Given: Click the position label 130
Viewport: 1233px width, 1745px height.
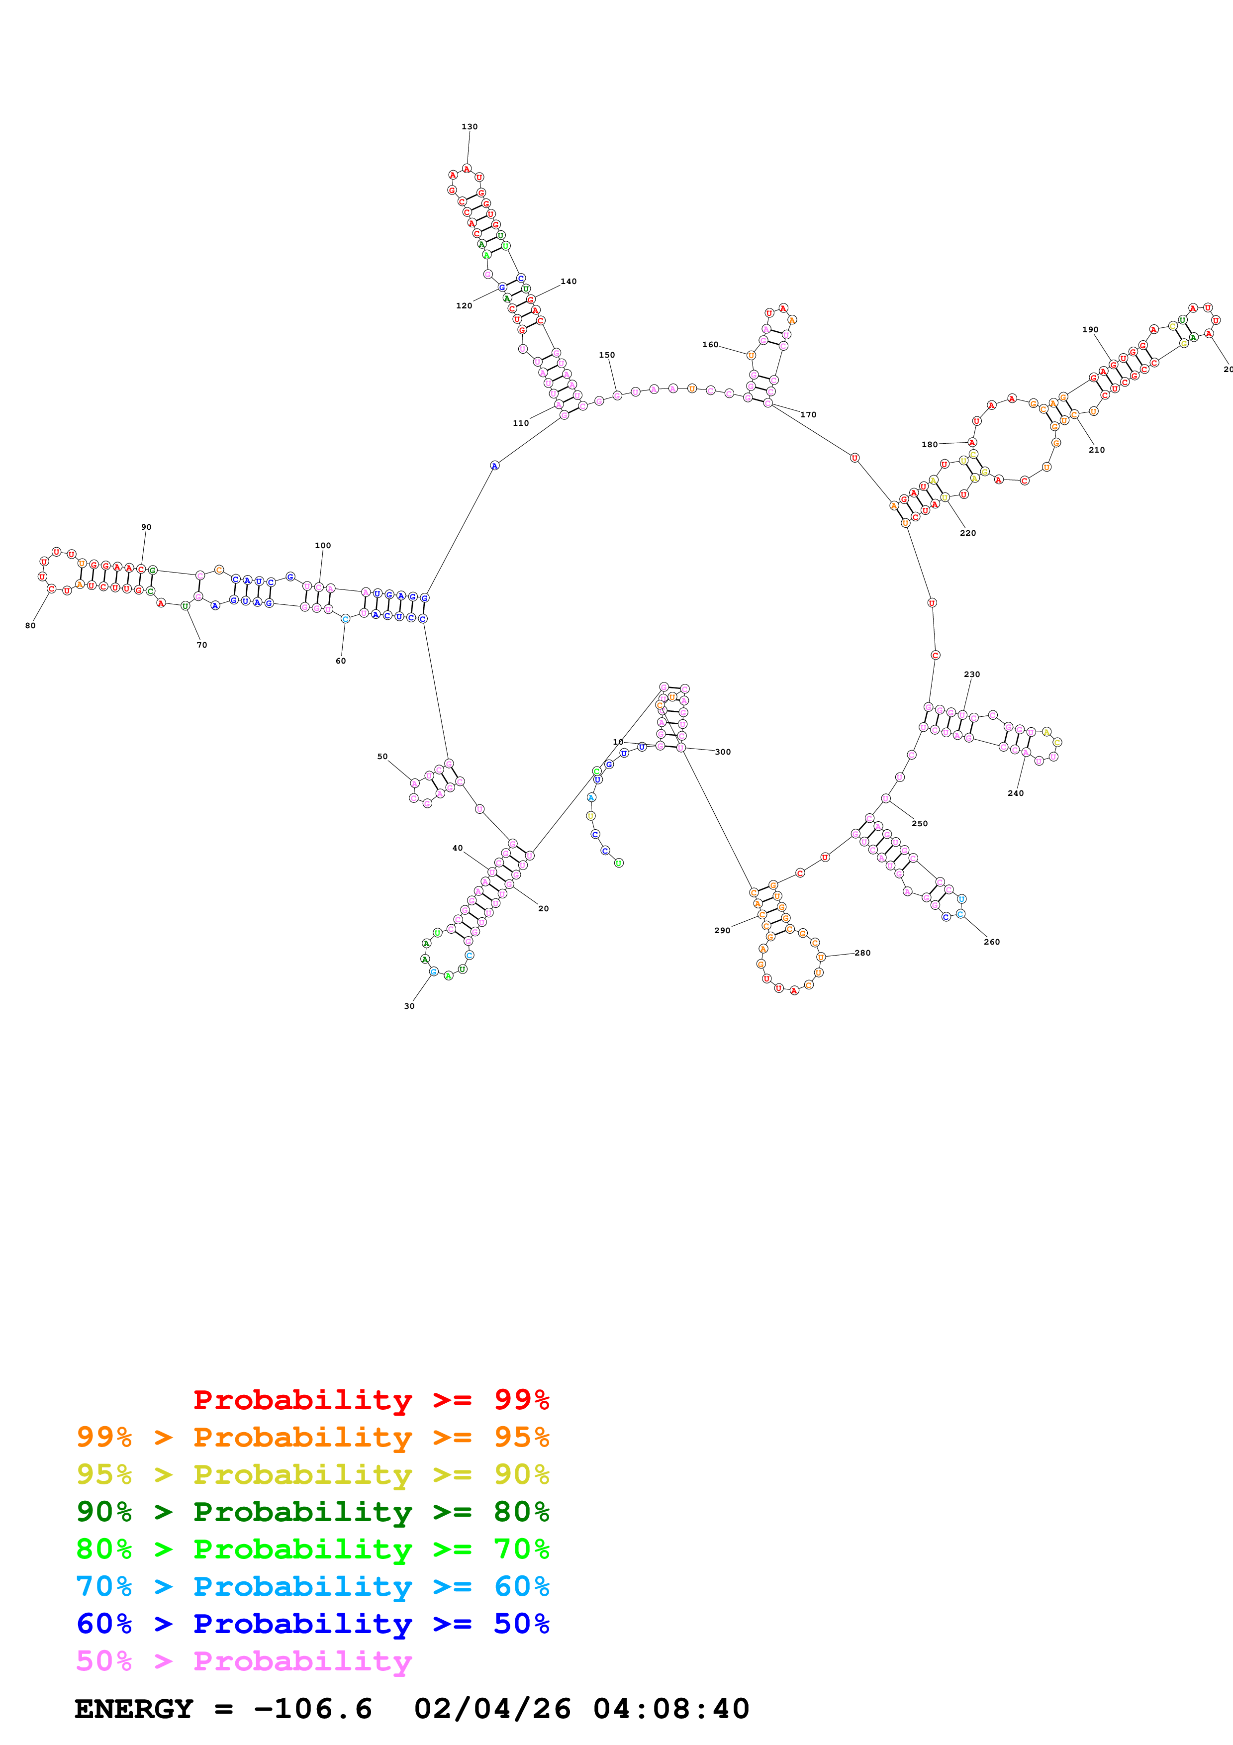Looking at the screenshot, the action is click(x=470, y=127).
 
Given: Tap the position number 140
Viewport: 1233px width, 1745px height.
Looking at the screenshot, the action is click(x=569, y=281).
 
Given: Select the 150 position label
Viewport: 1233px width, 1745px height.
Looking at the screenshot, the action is click(x=606, y=355).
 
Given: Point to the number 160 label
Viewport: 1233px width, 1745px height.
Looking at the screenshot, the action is click(x=710, y=344).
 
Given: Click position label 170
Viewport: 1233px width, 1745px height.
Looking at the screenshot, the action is click(x=808, y=414).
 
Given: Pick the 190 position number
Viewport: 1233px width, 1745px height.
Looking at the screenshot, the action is click(x=1090, y=330).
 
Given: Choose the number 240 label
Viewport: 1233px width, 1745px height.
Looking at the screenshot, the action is click(x=1016, y=793).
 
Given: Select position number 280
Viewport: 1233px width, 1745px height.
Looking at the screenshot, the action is click(x=862, y=952).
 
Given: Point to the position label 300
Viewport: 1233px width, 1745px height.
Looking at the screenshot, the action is click(x=723, y=752).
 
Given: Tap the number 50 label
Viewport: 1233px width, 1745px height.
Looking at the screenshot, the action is click(x=382, y=756).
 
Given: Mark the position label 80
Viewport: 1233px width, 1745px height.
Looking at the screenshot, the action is click(x=30, y=625).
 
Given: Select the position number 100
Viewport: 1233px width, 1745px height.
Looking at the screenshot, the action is click(x=323, y=546).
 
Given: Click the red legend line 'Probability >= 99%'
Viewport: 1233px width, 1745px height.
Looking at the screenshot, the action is click(x=371, y=1399).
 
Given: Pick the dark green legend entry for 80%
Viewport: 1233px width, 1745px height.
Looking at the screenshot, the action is click(x=312, y=1512).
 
